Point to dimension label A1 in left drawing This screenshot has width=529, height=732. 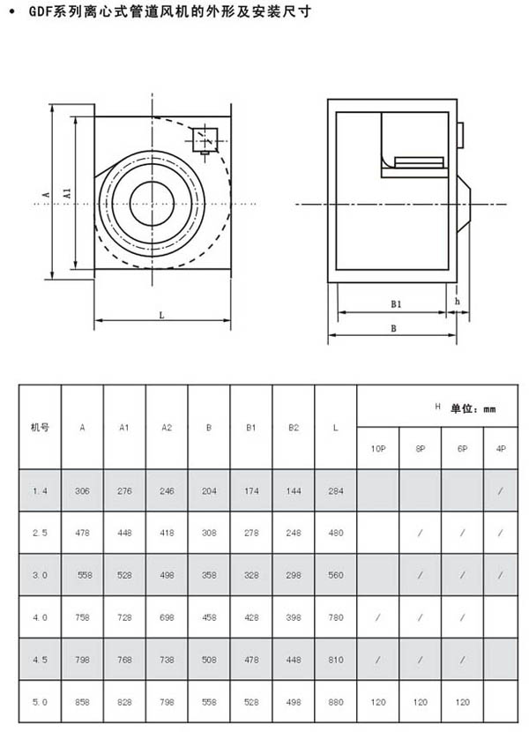[67, 192]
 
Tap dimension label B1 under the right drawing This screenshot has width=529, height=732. [397, 304]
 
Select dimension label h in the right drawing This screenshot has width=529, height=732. [457, 301]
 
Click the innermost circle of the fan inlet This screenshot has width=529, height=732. [153, 204]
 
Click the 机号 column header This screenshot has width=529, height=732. [41, 427]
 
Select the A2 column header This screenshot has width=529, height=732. [167, 427]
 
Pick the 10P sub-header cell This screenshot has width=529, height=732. [377, 449]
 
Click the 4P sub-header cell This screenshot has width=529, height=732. [501, 449]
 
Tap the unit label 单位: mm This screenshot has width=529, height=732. [473, 409]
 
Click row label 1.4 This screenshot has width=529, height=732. [41, 490]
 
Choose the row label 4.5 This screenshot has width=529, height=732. [41, 660]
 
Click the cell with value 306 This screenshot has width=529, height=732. [82, 490]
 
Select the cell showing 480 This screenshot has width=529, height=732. [335, 533]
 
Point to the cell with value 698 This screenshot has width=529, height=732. [167, 617]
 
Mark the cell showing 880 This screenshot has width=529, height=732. [335, 702]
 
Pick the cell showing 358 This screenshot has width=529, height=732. [209, 575]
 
